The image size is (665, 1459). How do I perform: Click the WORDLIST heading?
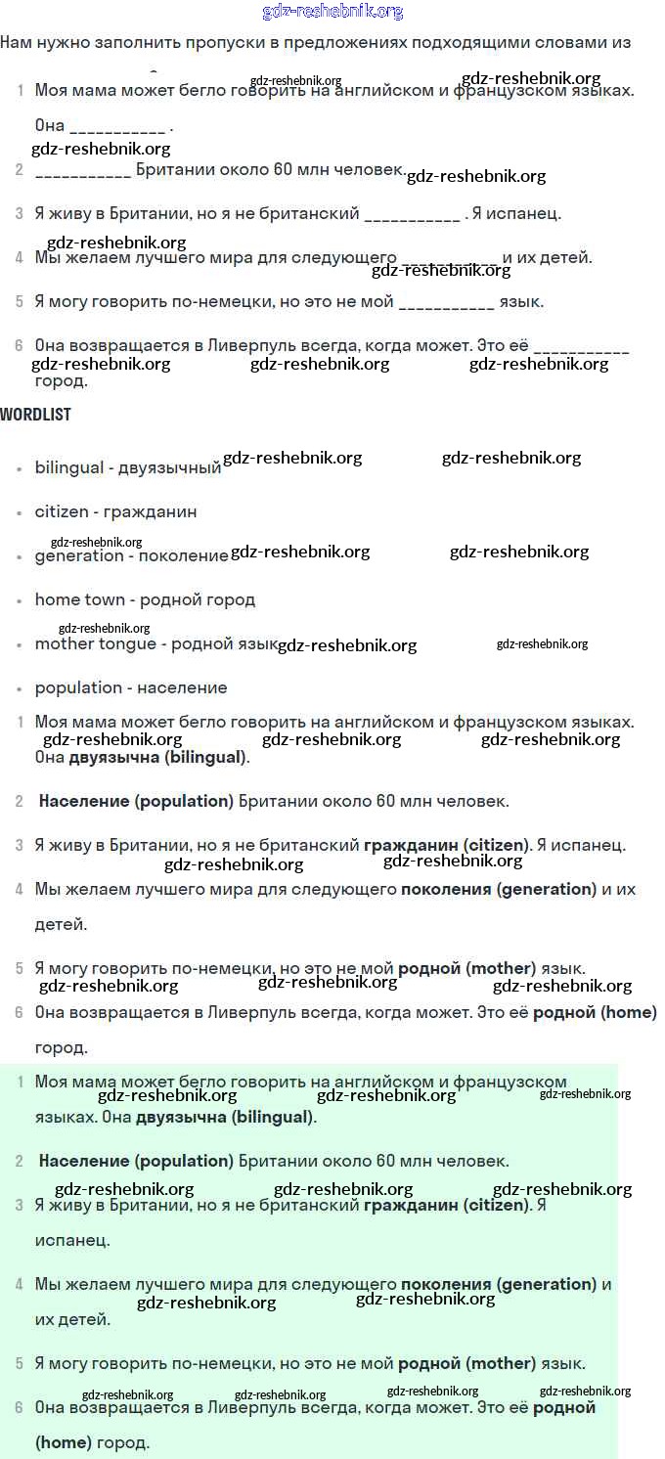(x=35, y=414)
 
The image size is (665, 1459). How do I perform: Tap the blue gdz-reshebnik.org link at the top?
(x=332, y=12)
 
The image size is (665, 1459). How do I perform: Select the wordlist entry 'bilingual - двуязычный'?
(x=127, y=467)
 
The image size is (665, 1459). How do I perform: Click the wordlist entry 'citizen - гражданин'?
(x=115, y=511)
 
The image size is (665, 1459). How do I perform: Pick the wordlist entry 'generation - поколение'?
(x=131, y=555)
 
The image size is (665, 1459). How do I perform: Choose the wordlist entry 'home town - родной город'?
(x=145, y=599)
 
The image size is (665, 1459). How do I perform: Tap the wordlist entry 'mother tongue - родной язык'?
(x=156, y=643)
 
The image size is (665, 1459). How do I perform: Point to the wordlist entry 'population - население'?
(x=131, y=687)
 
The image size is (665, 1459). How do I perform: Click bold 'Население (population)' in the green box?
(x=136, y=1161)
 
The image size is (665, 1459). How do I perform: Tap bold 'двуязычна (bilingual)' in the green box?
(x=225, y=1117)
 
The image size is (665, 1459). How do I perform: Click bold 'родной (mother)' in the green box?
(x=466, y=1363)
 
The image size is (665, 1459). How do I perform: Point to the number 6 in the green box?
(x=20, y=1407)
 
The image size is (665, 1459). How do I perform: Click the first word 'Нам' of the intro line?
(x=18, y=42)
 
